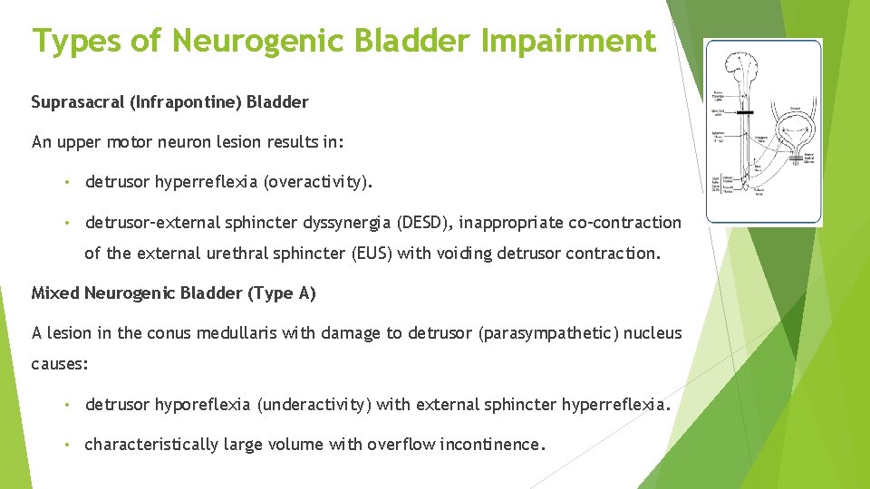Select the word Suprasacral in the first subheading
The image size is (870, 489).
click(79, 102)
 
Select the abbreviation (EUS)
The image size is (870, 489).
click(366, 254)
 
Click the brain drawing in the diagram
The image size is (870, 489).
click(743, 69)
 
